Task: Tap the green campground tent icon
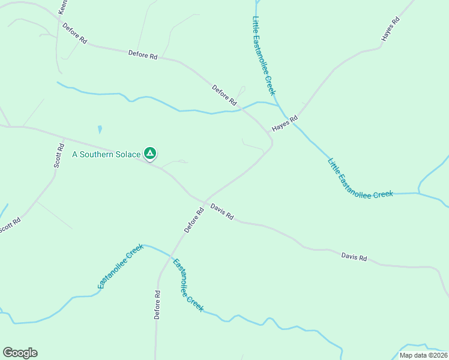[150, 154]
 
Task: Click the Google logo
[20, 353]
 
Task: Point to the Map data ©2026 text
[423, 355]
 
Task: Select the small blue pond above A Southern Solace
[99, 129]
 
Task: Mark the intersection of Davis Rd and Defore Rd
[204, 201]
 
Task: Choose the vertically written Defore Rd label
[157, 305]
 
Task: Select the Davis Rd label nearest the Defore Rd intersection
[221, 211]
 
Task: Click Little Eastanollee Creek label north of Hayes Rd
[263, 55]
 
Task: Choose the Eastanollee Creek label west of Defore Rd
[121, 266]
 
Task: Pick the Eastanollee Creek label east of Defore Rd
[188, 285]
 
